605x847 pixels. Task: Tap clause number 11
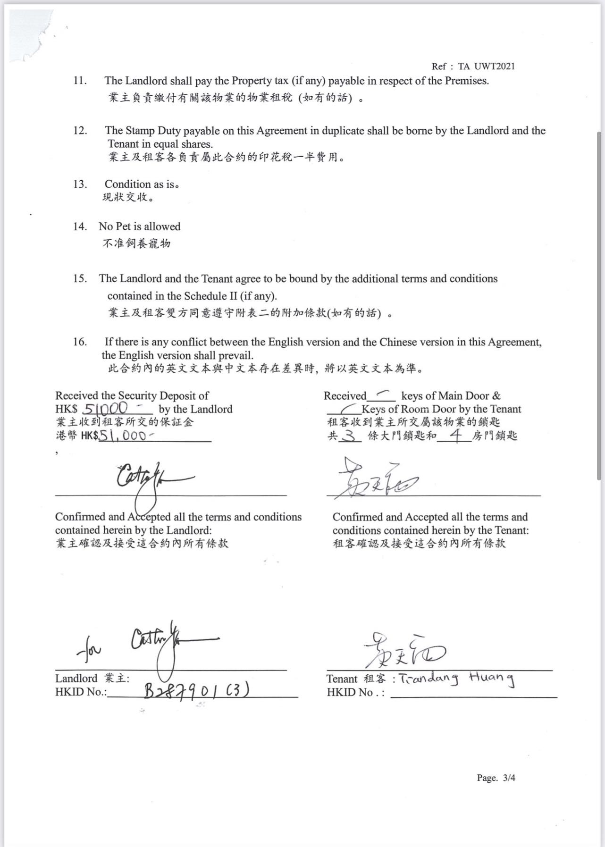pyautogui.click(x=80, y=81)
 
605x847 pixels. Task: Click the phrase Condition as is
pyautogui.click(x=142, y=184)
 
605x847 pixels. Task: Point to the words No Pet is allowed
pyautogui.click(x=139, y=226)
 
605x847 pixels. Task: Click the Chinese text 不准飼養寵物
pyautogui.click(x=136, y=243)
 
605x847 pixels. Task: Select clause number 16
pyautogui.click(x=80, y=342)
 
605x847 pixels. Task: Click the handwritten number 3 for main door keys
pyautogui.click(x=349, y=436)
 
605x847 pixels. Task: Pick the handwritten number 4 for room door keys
pyautogui.click(x=455, y=436)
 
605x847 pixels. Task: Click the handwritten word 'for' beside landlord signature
pyautogui.click(x=89, y=652)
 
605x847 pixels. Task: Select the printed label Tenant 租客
pyautogui.click(x=356, y=679)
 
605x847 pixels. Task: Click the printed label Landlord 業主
pyautogui.click(x=92, y=679)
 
